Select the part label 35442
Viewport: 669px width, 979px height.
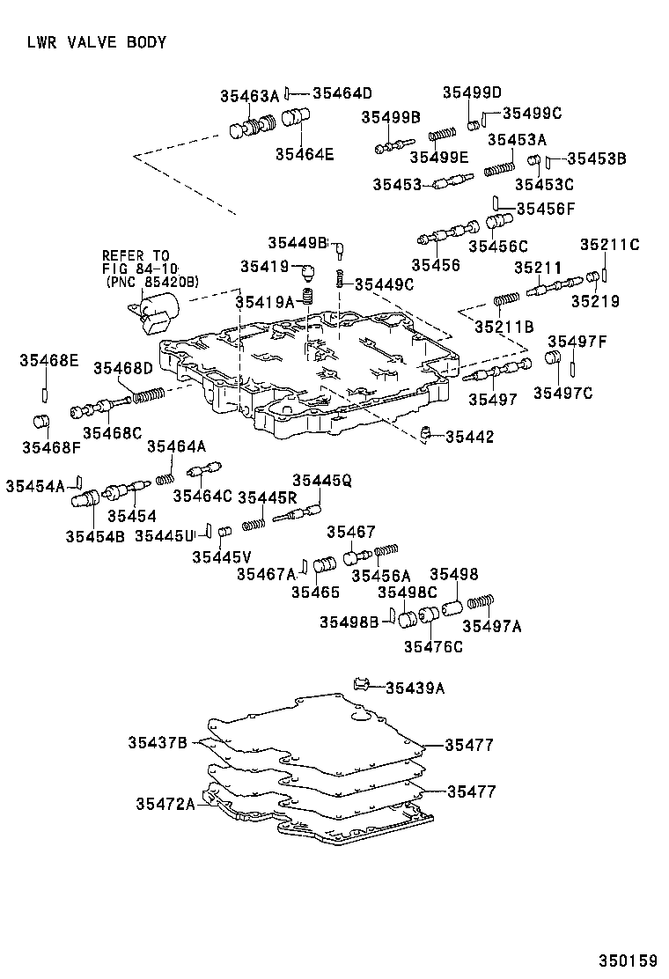469,437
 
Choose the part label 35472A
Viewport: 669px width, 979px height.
165,803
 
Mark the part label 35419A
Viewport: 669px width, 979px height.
264,302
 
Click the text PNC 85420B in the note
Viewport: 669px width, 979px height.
151,282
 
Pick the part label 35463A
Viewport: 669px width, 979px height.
249,96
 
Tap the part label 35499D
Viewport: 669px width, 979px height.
471,92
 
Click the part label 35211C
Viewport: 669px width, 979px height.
609,244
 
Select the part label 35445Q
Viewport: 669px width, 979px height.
322,480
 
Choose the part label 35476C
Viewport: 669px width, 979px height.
433,647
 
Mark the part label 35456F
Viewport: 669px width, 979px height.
545,209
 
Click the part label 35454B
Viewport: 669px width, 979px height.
94,534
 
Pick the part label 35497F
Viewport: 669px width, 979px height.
577,341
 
